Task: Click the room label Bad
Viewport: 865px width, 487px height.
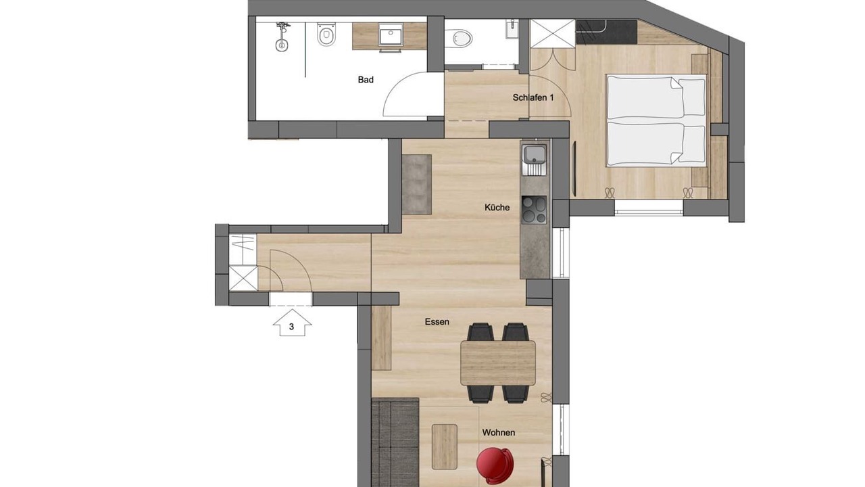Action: tap(366, 80)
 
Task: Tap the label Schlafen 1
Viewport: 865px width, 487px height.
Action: tap(533, 97)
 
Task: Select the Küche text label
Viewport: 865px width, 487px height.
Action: tap(497, 208)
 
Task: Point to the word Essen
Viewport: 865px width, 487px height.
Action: tap(437, 321)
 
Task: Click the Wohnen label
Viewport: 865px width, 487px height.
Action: tap(499, 432)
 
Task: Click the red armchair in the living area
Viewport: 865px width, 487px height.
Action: tap(495, 466)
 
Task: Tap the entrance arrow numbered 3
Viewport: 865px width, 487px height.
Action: tap(292, 323)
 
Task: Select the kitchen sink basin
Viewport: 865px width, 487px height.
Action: tap(535, 154)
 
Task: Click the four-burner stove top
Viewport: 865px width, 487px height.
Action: tap(534, 210)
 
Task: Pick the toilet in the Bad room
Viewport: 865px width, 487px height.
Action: tap(326, 34)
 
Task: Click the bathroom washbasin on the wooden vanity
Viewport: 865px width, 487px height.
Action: tap(391, 35)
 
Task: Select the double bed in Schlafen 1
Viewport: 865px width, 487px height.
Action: tap(656, 121)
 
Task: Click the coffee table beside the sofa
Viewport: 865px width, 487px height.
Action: tap(445, 447)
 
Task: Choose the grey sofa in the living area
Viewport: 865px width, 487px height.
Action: tap(395, 442)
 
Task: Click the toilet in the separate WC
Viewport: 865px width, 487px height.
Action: tap(458, 39)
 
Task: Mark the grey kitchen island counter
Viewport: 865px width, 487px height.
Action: tap(417, 185)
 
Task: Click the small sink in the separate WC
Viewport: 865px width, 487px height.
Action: tap(512, 28)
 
